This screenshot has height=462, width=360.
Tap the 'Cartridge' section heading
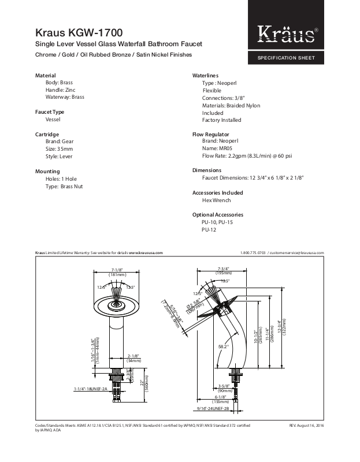pos(47,133)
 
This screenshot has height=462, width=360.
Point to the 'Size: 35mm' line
pos(59,148)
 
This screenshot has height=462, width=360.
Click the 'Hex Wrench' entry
pos(216,200)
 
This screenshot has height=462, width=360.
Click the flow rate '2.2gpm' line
pos(239,156)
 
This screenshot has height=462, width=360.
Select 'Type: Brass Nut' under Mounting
pos(65,186)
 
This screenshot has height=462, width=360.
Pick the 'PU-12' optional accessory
pos(209,229)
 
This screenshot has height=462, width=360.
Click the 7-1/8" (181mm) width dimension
pos(117,272)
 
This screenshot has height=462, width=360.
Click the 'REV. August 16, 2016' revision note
pos(306,426)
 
